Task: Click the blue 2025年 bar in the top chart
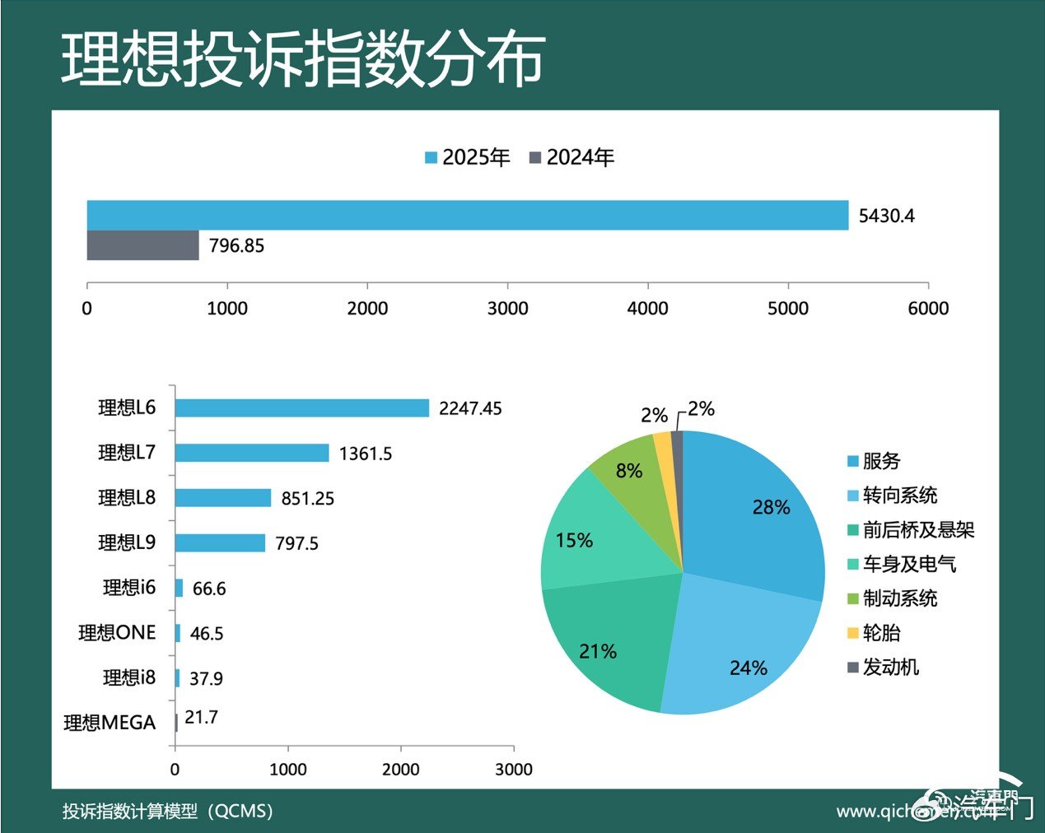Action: point(467,215)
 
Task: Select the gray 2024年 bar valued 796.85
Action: point(142,245)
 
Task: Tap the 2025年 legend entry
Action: point(468,157)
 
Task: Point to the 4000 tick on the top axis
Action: point(647,308)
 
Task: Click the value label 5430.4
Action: point(886,216)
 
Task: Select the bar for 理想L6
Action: point(301,408)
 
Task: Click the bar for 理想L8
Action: point(222,498)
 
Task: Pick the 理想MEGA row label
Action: point(110,723)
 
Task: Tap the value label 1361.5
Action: point(365,454)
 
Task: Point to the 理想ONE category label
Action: point(117,632)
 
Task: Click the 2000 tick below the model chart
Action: point(401,769)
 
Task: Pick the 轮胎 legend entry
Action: point(874,632)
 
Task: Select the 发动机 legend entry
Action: point(883,667)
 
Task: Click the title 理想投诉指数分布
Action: point(302,60)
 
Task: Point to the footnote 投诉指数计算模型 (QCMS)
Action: point(167,811)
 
